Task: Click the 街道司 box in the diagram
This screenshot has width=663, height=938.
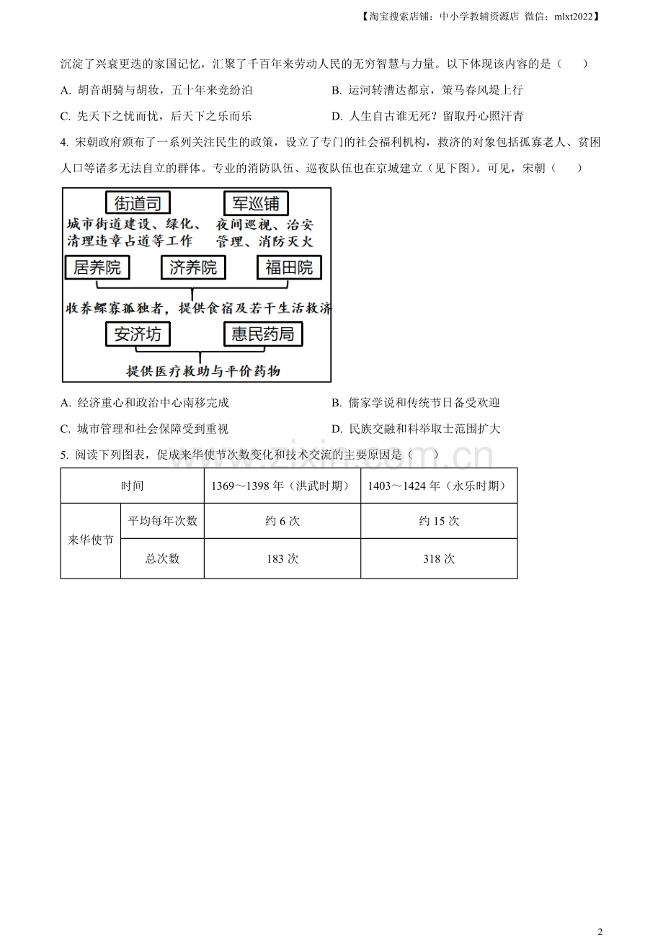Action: pyautogui.click(x=138, y=203)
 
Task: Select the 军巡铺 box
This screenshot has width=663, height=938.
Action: pyautogui.click(x=256, y=203)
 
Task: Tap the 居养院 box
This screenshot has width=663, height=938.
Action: pyautogui.click(x=97, y=267)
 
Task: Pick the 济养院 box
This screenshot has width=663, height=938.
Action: pyautogui.click(x=193, y=267)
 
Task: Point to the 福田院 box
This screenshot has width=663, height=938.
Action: pyautogui.click(x=289, y=267)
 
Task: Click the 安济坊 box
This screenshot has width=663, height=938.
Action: pyautogui.click(x=138, y=334)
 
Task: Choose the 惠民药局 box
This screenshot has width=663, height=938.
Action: pyautogui.click(x=263, y=334)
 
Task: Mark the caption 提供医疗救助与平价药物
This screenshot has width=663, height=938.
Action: pyautogui.click(x=203, y=371)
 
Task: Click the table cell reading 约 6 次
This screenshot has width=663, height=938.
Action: pyautogui.click(x=282, y=520)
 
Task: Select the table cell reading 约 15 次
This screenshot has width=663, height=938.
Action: pyautogui.click(x=439, y=520)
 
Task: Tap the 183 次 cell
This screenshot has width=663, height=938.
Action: pyautogui.click(x=282, y=558)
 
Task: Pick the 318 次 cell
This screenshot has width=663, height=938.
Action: pyautogui.click(x=439, y=558)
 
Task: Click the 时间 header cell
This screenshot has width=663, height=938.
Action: pyautogui.click(x=133, y=486)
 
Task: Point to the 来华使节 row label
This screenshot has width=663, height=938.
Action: pyautogui.click(x=91, y=540)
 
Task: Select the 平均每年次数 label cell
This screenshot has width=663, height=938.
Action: pyautogui.click(x=162, y=520)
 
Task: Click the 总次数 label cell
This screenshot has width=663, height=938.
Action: pyautogui.click(x=162, y=558)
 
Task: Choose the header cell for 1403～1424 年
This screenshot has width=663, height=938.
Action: pyautogui.click(x=439, y=486)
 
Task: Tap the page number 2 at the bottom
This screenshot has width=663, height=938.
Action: pyautogui.click(x=600, y=932)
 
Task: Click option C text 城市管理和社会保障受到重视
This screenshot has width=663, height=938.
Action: pyautogui.click(x=153, y=429)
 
